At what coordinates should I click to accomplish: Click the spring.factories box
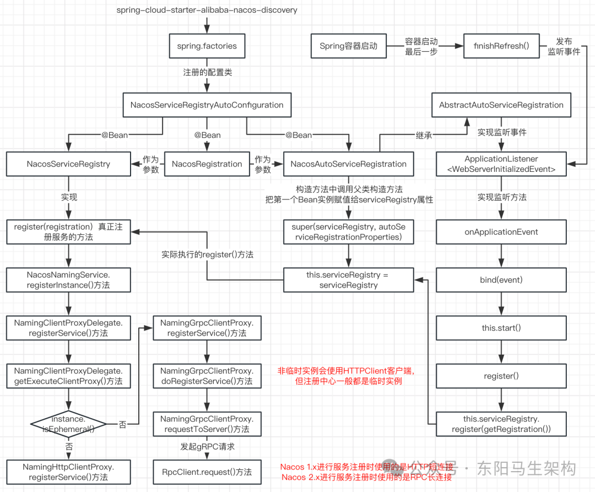click(207, 46)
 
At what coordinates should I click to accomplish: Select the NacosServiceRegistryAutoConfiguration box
click(207, 105)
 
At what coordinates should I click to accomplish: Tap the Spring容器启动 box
click(348, 46)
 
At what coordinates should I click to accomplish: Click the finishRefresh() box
click(501, 46)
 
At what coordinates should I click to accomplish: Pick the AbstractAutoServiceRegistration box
click(501, 105)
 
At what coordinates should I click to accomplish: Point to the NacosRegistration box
click(207, 164)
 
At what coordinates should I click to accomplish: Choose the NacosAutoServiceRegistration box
click(348, 164)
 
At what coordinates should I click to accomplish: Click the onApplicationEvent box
click(501, 231)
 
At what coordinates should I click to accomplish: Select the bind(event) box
click(501, 280)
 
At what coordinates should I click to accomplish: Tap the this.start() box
click(501, 328)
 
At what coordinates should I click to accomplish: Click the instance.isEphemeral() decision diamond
click(69, 423)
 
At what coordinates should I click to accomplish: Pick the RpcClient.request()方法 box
click(207, 472)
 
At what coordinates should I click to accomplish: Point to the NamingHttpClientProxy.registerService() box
click(69, 472)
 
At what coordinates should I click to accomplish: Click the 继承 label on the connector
click(424, 135)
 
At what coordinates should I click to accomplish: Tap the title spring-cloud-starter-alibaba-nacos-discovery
click(207, 10)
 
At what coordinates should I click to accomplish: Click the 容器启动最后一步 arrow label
click(421, 46)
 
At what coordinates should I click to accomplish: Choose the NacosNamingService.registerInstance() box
click(69, 279)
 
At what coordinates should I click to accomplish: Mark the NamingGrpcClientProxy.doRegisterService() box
click(207, 376)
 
